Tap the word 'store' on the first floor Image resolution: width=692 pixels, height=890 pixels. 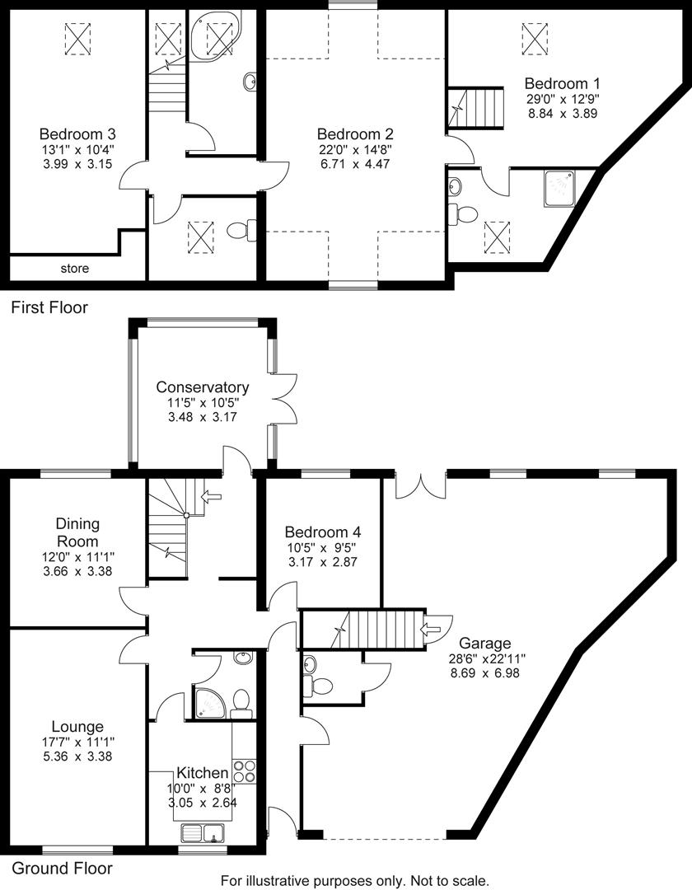[74, 269]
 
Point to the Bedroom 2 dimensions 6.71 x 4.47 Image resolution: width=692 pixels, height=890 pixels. [355, 164]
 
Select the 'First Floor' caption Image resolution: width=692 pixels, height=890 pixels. [49, 308]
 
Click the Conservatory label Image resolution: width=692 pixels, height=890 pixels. [202, 387]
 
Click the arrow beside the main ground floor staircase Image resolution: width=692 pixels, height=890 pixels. [211, 496]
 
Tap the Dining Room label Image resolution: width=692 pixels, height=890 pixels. [77, 532]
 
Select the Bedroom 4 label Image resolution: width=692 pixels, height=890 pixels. [322, 532]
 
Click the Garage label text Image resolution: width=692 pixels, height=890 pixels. [485, 643]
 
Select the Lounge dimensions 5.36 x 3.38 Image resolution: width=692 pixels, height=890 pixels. [77, 756]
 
